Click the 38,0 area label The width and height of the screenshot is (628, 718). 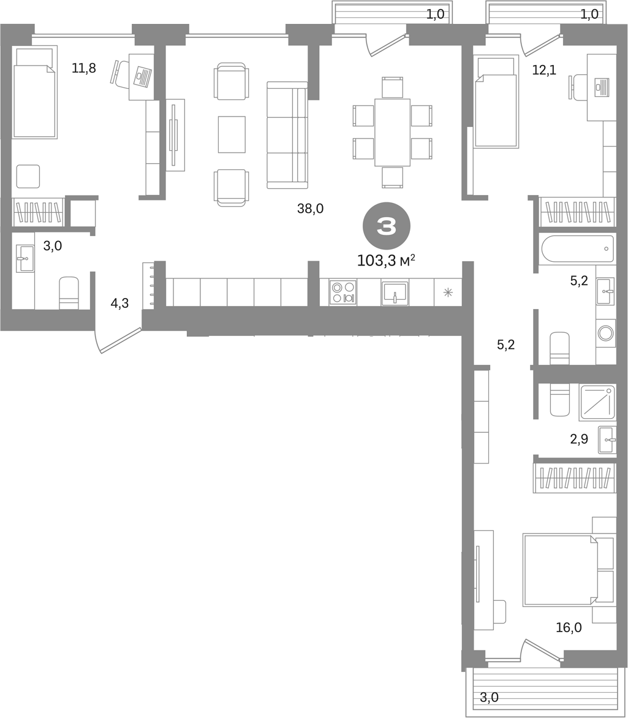click(x=310, y=209)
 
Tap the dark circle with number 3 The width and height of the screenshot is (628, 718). click(x=387, y=226)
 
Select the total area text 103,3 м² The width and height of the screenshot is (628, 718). click(x=386, y=261)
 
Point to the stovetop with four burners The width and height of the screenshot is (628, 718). click(x=343, y=292)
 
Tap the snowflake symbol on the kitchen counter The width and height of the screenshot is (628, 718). click(x=448, y=292)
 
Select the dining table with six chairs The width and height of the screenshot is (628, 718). click(x=393, y=132)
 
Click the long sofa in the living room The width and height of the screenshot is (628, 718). click(x=287, y=135)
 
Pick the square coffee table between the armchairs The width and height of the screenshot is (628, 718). click(x=232, y=134)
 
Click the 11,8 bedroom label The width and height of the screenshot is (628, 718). click(x=84, y=68)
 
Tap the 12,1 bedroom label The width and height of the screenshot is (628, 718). click(x=544, y=70)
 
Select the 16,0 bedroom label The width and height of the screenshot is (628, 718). click(x=569, y=627)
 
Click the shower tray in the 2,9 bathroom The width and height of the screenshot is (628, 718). click(x=597, y=403)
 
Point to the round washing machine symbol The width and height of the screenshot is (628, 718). click(x=606, y=332)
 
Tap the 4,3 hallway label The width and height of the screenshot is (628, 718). click(x=119, y=303)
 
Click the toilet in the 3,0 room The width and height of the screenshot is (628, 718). click(x=69, y=293)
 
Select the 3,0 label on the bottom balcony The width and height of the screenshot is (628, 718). click(x=489, y=697)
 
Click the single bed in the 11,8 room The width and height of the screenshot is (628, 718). click(x=35, y=93)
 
